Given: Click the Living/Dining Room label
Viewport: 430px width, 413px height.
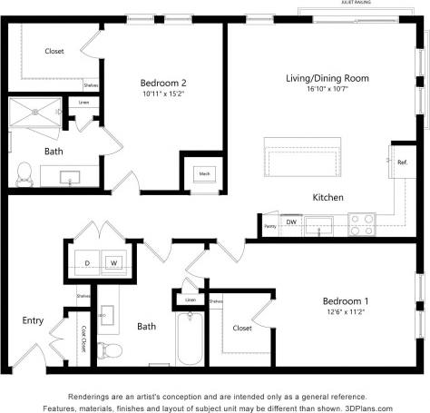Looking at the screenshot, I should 327,79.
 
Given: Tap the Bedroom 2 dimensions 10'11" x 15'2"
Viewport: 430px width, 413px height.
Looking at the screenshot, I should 163,93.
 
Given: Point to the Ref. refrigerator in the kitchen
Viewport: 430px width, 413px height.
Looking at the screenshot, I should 401,162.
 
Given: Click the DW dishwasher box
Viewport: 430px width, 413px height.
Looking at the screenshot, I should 291,221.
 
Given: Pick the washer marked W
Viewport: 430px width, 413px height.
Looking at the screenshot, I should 114,263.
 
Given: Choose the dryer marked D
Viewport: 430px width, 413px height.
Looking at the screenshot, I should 87,263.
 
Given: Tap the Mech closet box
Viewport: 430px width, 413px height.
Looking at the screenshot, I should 204,174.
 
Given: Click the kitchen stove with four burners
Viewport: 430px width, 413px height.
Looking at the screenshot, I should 362,223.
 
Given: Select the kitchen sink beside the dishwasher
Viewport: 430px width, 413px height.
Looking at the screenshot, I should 321,223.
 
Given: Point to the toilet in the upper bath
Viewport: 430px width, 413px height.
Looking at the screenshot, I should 24,172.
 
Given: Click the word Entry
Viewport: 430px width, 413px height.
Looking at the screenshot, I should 33,320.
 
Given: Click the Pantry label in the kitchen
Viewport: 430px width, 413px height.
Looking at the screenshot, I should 270,226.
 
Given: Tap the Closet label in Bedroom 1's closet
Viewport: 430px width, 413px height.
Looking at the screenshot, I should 242,328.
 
